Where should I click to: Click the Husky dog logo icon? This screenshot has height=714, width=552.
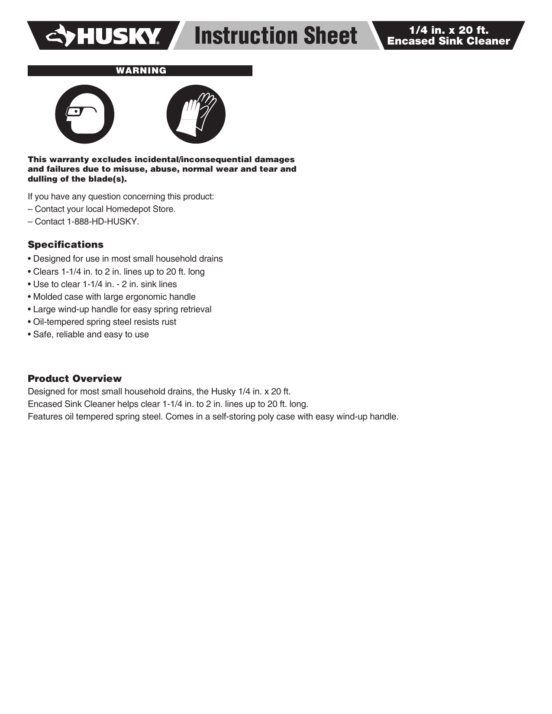coord(62,35)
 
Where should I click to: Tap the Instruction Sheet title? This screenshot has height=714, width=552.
coord(276,35)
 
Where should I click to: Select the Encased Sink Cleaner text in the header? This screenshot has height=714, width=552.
coord(449,41)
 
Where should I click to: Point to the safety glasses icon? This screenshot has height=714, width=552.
coord(84,114)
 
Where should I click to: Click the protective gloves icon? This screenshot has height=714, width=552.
coord(196,114)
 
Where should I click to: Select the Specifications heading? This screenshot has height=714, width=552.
coord(66,245)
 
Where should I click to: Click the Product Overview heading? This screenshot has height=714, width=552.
coord(75,379)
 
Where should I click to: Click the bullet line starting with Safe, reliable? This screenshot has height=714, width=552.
coord(90,335)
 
